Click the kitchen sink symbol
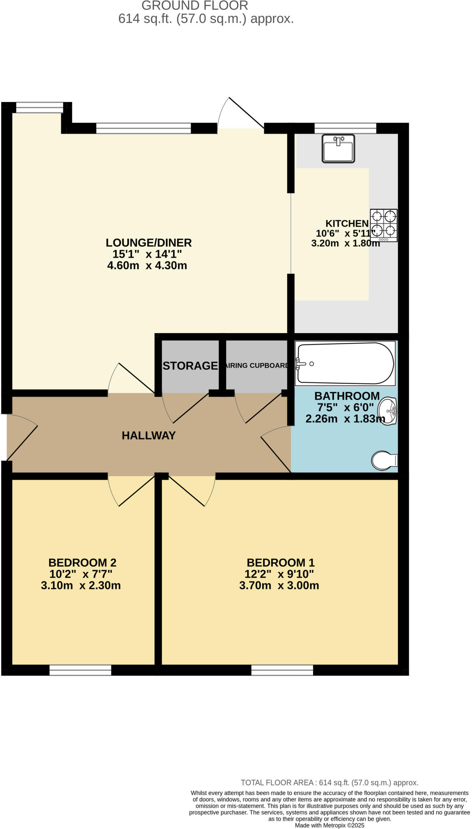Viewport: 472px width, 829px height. pos(338,149)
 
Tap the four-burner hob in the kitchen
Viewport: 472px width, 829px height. pos(383,225)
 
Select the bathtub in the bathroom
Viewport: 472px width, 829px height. pos(345,363)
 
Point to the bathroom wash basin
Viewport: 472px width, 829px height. pos(388,411)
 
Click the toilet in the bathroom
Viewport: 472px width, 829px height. pos(384,461)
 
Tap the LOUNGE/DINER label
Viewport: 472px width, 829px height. pos(149,243)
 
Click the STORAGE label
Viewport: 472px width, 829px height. pos(190,366)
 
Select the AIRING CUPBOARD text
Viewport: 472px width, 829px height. pos(256,366)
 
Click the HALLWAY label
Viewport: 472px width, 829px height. pos(149,436)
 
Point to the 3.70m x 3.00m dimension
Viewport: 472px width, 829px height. pos(279,586)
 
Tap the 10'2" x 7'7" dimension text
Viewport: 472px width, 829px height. pos(81,574)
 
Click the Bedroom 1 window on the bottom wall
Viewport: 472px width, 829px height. pos(282,670)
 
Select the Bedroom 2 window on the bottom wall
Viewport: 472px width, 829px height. pos(80,670)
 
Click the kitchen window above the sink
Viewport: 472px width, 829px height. pos(345,128)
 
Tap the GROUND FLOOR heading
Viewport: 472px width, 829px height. pos(194,6)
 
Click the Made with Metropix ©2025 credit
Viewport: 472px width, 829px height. pos(329,825)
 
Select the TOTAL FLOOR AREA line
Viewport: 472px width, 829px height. pos(329,783)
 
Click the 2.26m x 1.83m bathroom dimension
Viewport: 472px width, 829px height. pos(345,419)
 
